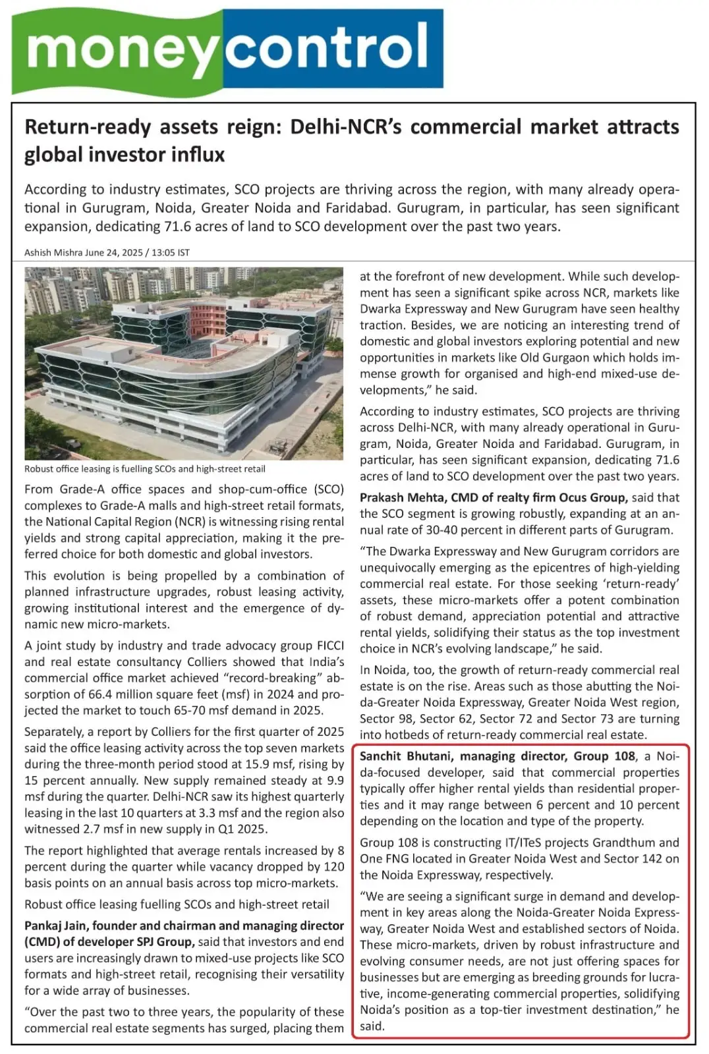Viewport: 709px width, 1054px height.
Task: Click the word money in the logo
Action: tap(122, 49)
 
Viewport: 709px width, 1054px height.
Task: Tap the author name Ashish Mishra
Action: tap(53, 253)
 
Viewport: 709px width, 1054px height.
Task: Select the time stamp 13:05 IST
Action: tap(171, 253)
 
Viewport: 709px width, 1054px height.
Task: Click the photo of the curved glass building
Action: tap(184, 363)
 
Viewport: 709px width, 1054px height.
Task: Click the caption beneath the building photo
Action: tap(145, 469)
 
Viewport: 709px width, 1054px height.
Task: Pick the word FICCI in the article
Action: tap(330, 646)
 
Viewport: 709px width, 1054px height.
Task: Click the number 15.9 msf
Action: tap(277, 764)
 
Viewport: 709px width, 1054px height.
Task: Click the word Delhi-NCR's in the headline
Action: tap(345, 126)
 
